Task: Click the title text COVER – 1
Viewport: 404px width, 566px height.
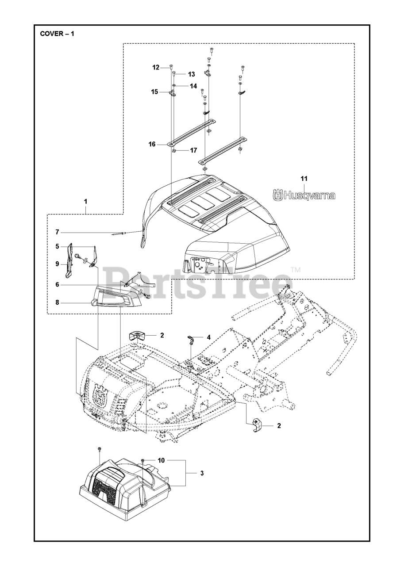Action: [x=57, y=34]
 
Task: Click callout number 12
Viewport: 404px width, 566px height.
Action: [x=156, y=68]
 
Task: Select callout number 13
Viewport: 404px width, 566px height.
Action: [x=191, y=74]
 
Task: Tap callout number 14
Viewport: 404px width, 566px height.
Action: [x=193, y=86]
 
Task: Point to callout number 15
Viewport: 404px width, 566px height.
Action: [x=154, y=92]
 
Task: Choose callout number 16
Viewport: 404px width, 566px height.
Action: [x=152, y=144]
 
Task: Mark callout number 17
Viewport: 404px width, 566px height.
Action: [x=193, y=150]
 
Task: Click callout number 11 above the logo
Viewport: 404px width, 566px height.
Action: [x=304, y=179]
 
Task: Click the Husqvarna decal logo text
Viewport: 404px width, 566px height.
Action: [x=304, y=195]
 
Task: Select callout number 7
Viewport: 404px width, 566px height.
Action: [x=58, y=232]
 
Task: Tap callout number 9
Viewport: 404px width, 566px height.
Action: [x=57, y=264]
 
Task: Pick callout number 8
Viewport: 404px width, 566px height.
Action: [x=57, y=303]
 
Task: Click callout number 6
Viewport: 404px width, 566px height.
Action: [x=58, y=285]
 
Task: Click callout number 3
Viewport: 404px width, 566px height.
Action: [x=202, y=473]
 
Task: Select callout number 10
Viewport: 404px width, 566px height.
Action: [x=161, y=460]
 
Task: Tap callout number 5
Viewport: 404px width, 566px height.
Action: [x=57, y=246]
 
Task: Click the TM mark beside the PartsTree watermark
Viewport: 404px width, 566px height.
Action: [x=296, y=269]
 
